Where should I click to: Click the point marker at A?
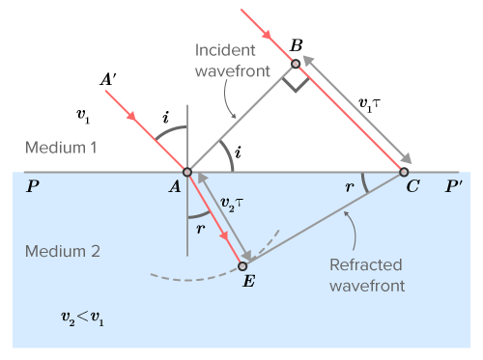click(187, 173)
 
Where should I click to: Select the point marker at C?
click(404, 173)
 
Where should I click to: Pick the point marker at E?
click(242, 265)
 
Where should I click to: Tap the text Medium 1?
click(61, 149)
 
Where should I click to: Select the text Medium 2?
click(61, 253)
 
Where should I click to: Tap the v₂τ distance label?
click(232, 205)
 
